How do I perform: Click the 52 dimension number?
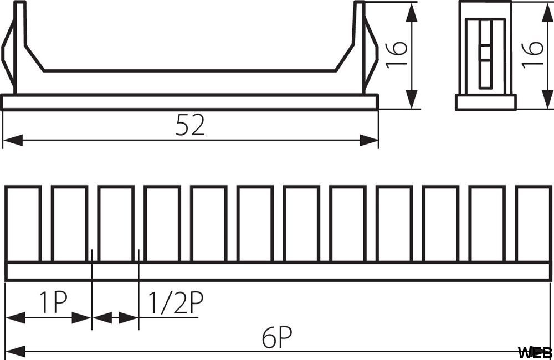pyautogui.click(x=190, y=125)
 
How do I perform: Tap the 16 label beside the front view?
pyautogui.click(x=396, y=54)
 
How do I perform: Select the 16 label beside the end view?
pyautogui.click(x=532, y=53)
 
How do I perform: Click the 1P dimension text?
pyautogui.click(x=53, y=302)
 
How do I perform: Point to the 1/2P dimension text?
pyautogui.click(x=175, y=303)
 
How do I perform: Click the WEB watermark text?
pyautogui.click(x=535, y=352)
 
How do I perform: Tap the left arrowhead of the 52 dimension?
pyautogui.click(x=13, y=140)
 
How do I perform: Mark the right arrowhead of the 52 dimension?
pyautogui.click(x=369, y=140)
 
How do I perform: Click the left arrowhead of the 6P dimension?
pyautogui.click(x=16, y=352)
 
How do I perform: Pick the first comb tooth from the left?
pyautogui.click(x=23, y=224)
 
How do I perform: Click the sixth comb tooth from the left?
pyautogui.click(x=255, y=224)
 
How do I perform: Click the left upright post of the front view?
pyautogui.click(x=20, y=48)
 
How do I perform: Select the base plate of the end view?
pyautogui.click(x=486, y=102)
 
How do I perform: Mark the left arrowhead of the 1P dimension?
pyautogui.click(x=16, y=317)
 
